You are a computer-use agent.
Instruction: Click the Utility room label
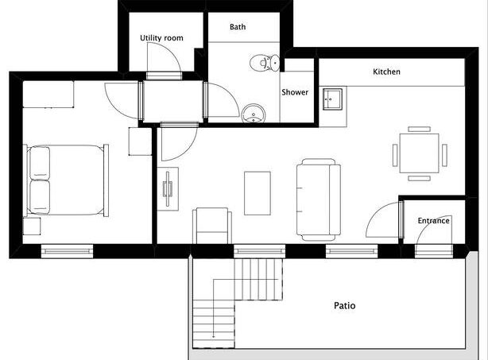(161, 38)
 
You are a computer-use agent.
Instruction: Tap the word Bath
(238, 27)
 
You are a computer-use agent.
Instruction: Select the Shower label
(295, 92)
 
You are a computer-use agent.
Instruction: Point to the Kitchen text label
(386, 72)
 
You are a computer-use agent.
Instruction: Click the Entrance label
(433, 221)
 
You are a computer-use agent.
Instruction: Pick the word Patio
(344, 305)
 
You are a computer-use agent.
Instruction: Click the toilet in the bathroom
(265, 63)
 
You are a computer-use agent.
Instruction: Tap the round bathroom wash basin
(254, 114)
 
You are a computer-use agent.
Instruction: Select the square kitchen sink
(332, 99)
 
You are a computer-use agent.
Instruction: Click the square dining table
(419, 153)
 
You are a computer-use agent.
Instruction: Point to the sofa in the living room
(319, 199)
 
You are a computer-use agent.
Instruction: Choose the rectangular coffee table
(257, 193)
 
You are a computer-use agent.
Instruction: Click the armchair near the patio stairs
(212, 226)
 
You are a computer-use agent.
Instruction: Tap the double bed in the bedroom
(66, 180)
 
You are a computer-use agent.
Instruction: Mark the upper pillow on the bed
(40, 163)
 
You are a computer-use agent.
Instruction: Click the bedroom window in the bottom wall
(67, 251)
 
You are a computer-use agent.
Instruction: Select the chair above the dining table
(419, 129)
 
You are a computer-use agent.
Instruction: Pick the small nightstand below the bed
(32, 226)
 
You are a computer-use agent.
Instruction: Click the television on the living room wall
(168, 189)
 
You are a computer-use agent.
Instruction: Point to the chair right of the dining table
(444, 155)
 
